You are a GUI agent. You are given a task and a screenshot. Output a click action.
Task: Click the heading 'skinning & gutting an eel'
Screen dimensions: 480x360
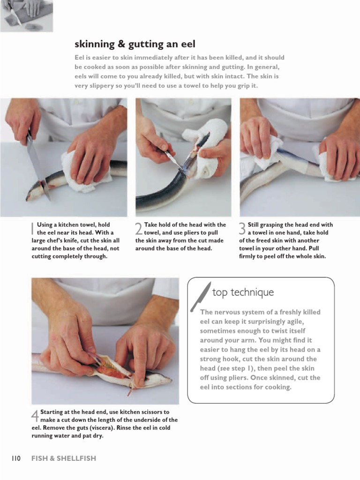(135, 45)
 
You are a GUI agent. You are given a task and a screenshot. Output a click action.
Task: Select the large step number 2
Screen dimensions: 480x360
(139, 229)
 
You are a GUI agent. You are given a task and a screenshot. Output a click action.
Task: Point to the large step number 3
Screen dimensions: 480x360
(242, 229)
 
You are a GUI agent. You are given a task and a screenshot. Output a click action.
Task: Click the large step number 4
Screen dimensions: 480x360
(35, 416)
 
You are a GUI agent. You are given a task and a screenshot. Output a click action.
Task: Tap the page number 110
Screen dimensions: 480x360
(16, 458)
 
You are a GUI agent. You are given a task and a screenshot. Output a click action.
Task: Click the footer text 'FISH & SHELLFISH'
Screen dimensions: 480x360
(64, 458)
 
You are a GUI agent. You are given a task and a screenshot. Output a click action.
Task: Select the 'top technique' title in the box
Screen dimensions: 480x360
(243, 292)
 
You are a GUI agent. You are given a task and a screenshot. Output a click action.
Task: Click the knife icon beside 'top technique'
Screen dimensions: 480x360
(200, 296)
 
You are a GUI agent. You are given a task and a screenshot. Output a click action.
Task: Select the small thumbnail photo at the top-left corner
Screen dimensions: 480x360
(26, 15)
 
